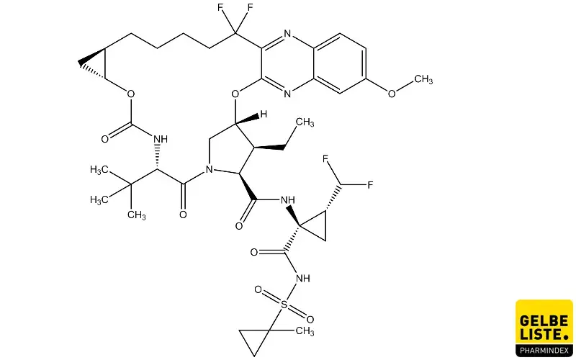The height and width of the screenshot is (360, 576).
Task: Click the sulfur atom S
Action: coord(284,305)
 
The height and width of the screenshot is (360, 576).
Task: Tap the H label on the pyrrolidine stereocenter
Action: coord(264,114)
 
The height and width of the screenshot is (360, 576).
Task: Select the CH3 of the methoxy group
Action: coord(423,79)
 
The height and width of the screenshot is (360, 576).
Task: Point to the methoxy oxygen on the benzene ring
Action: coord(392,94)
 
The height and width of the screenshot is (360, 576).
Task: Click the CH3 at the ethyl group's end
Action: coord(305,122)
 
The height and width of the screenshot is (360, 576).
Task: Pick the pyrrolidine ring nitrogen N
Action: coord(210,170)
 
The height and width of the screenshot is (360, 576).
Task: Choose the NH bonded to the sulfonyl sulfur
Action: coord(302,279)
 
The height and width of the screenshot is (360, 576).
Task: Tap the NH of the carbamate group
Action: coord(160,139)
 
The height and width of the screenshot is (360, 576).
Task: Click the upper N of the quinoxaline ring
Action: coord(287,34)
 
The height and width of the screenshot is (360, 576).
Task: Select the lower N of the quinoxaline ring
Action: coord(287,94)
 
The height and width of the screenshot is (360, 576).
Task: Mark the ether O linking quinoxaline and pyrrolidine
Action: coord(235,94)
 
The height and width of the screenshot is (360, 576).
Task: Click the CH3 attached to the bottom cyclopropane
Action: coord(305,331)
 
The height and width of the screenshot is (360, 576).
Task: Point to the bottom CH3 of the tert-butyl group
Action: coord(137,215)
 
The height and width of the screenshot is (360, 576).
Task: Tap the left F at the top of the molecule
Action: coord(221,8)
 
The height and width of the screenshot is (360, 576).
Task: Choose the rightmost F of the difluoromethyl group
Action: coord(369,185)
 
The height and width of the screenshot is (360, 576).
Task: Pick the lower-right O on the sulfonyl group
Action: coord(310,319)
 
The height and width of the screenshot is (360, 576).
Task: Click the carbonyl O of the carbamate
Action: coord(105,139)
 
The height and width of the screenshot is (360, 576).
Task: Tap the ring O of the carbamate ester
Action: coord(131,94)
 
